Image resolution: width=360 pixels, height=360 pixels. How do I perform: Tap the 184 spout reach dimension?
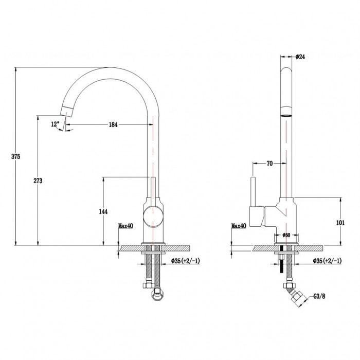coord(114,124)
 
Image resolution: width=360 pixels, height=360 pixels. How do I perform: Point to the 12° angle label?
coord(55,124)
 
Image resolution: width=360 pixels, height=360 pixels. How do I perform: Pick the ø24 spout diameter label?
coord(301,57)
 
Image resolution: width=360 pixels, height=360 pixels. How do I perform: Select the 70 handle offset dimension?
coord(269,164)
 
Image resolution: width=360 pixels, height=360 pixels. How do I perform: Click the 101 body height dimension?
coord(339,223)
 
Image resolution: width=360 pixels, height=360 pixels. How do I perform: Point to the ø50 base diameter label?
coord(287,235)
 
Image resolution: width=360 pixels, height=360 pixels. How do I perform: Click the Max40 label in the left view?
coord(125,225)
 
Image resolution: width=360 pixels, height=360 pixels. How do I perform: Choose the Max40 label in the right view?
coord(239,225)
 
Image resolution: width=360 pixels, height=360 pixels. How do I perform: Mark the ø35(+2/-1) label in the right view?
coord(326,261)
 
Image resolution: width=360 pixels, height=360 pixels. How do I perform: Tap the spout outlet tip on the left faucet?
coord(67,110)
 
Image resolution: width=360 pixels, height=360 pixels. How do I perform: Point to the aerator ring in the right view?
coord(286,115)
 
